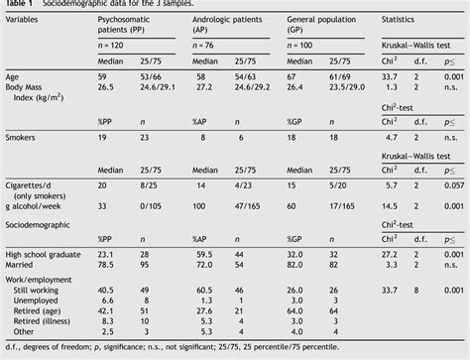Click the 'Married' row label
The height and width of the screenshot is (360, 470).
19,265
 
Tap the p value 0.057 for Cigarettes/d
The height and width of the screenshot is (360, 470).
454,184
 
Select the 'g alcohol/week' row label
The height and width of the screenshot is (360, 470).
34,206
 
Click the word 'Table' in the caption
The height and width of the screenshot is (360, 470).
13,4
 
